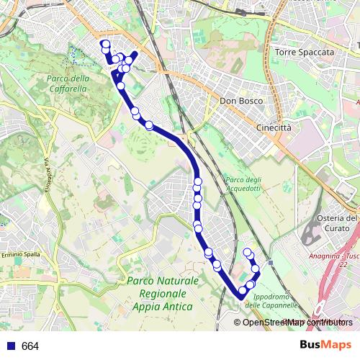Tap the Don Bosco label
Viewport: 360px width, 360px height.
(238, 102)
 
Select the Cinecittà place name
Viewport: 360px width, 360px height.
(274, 127)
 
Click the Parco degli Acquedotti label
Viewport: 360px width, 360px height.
(242, 184)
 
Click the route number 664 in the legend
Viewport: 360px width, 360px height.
(30, 346)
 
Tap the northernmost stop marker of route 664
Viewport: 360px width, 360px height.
(106, 45)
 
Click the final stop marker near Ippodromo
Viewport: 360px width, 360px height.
(248, 252)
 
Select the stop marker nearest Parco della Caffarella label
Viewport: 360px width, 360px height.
(120, 86)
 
